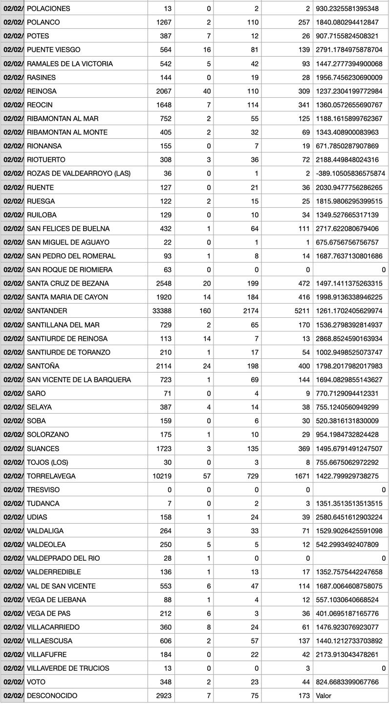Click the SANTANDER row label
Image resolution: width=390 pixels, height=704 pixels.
point(47,311)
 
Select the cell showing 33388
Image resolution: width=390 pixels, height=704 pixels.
point(157,311)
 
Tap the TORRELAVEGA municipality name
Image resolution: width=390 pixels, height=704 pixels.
point(51,476)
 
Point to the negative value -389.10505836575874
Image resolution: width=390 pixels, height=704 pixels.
point(350,174)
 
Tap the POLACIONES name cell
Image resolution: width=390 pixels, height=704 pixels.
point(48,9)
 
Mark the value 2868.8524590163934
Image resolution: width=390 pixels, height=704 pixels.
point(350,338)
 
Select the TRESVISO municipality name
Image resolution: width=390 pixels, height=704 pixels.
point(43,490)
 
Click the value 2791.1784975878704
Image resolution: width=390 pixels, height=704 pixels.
point(350,50)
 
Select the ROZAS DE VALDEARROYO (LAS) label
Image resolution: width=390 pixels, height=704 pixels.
point(79,174)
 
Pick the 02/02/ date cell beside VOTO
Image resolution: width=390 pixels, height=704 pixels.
point(12,682)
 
